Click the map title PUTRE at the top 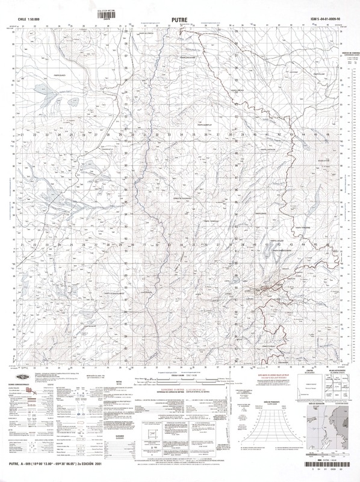tap(179, 19)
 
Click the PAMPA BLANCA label tap(40, 77)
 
